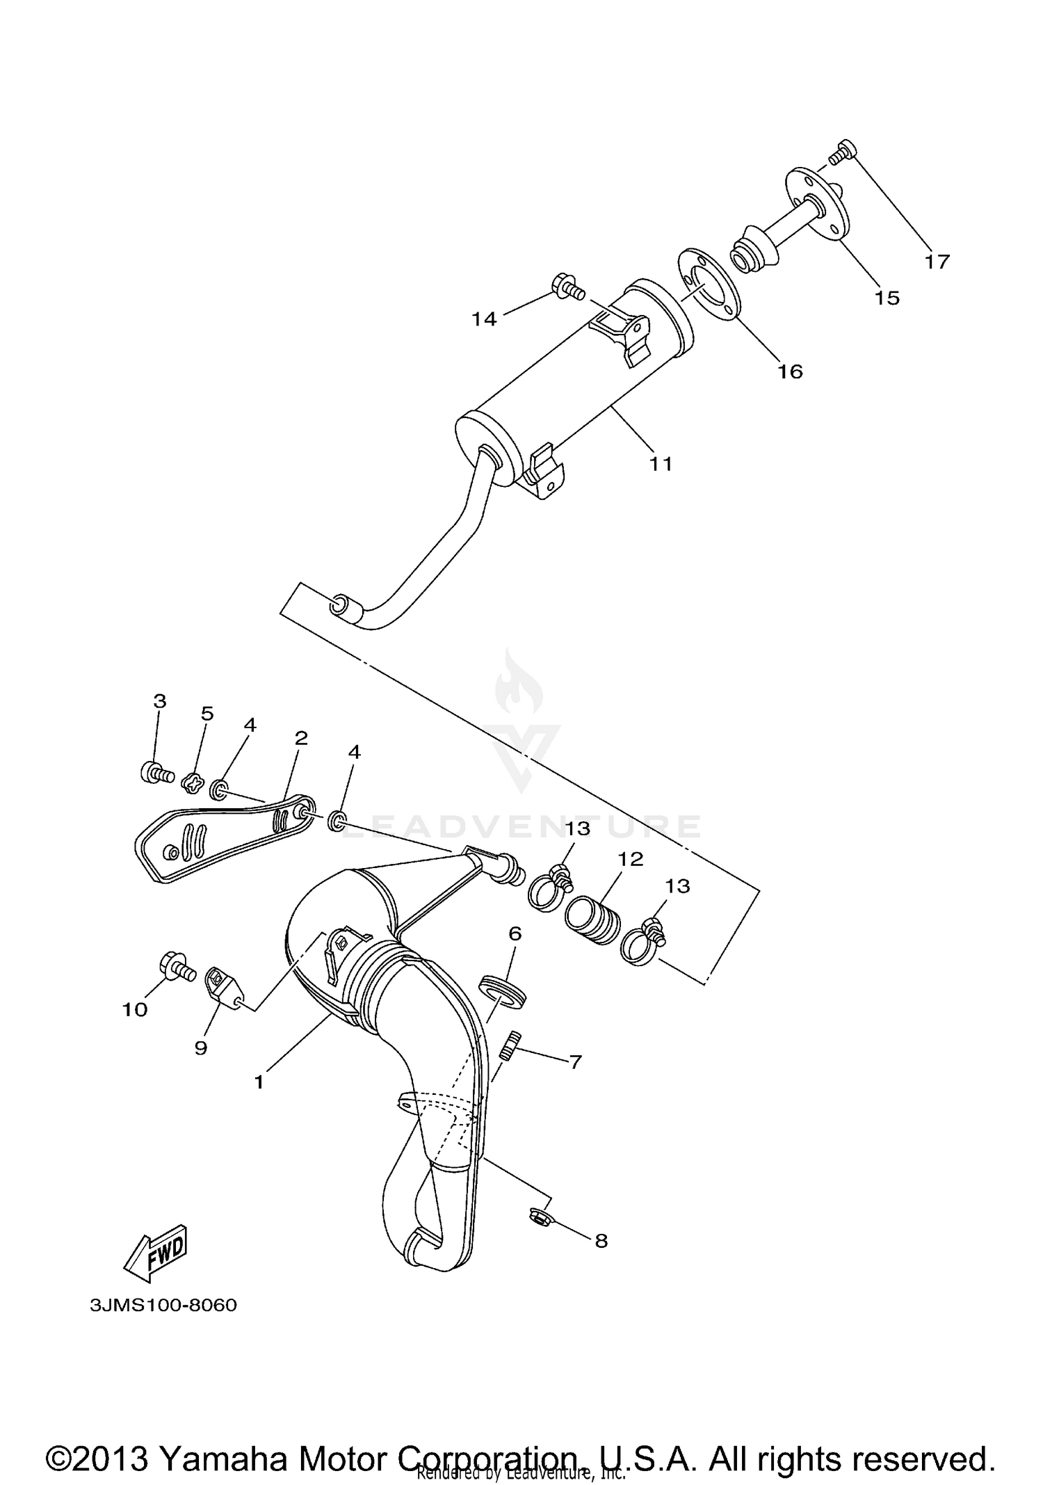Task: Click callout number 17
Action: (x=937, y=262)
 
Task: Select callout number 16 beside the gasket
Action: (x=790, y=371)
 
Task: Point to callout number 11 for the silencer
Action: (x=661, y=463)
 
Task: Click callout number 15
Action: (x=887, y=298)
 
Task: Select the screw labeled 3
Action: (x=156, y=772)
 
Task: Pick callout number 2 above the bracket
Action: (x=300, y=738)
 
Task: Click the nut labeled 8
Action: (x=538, y=1217)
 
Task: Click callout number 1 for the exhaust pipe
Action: (x=259, y=1082)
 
